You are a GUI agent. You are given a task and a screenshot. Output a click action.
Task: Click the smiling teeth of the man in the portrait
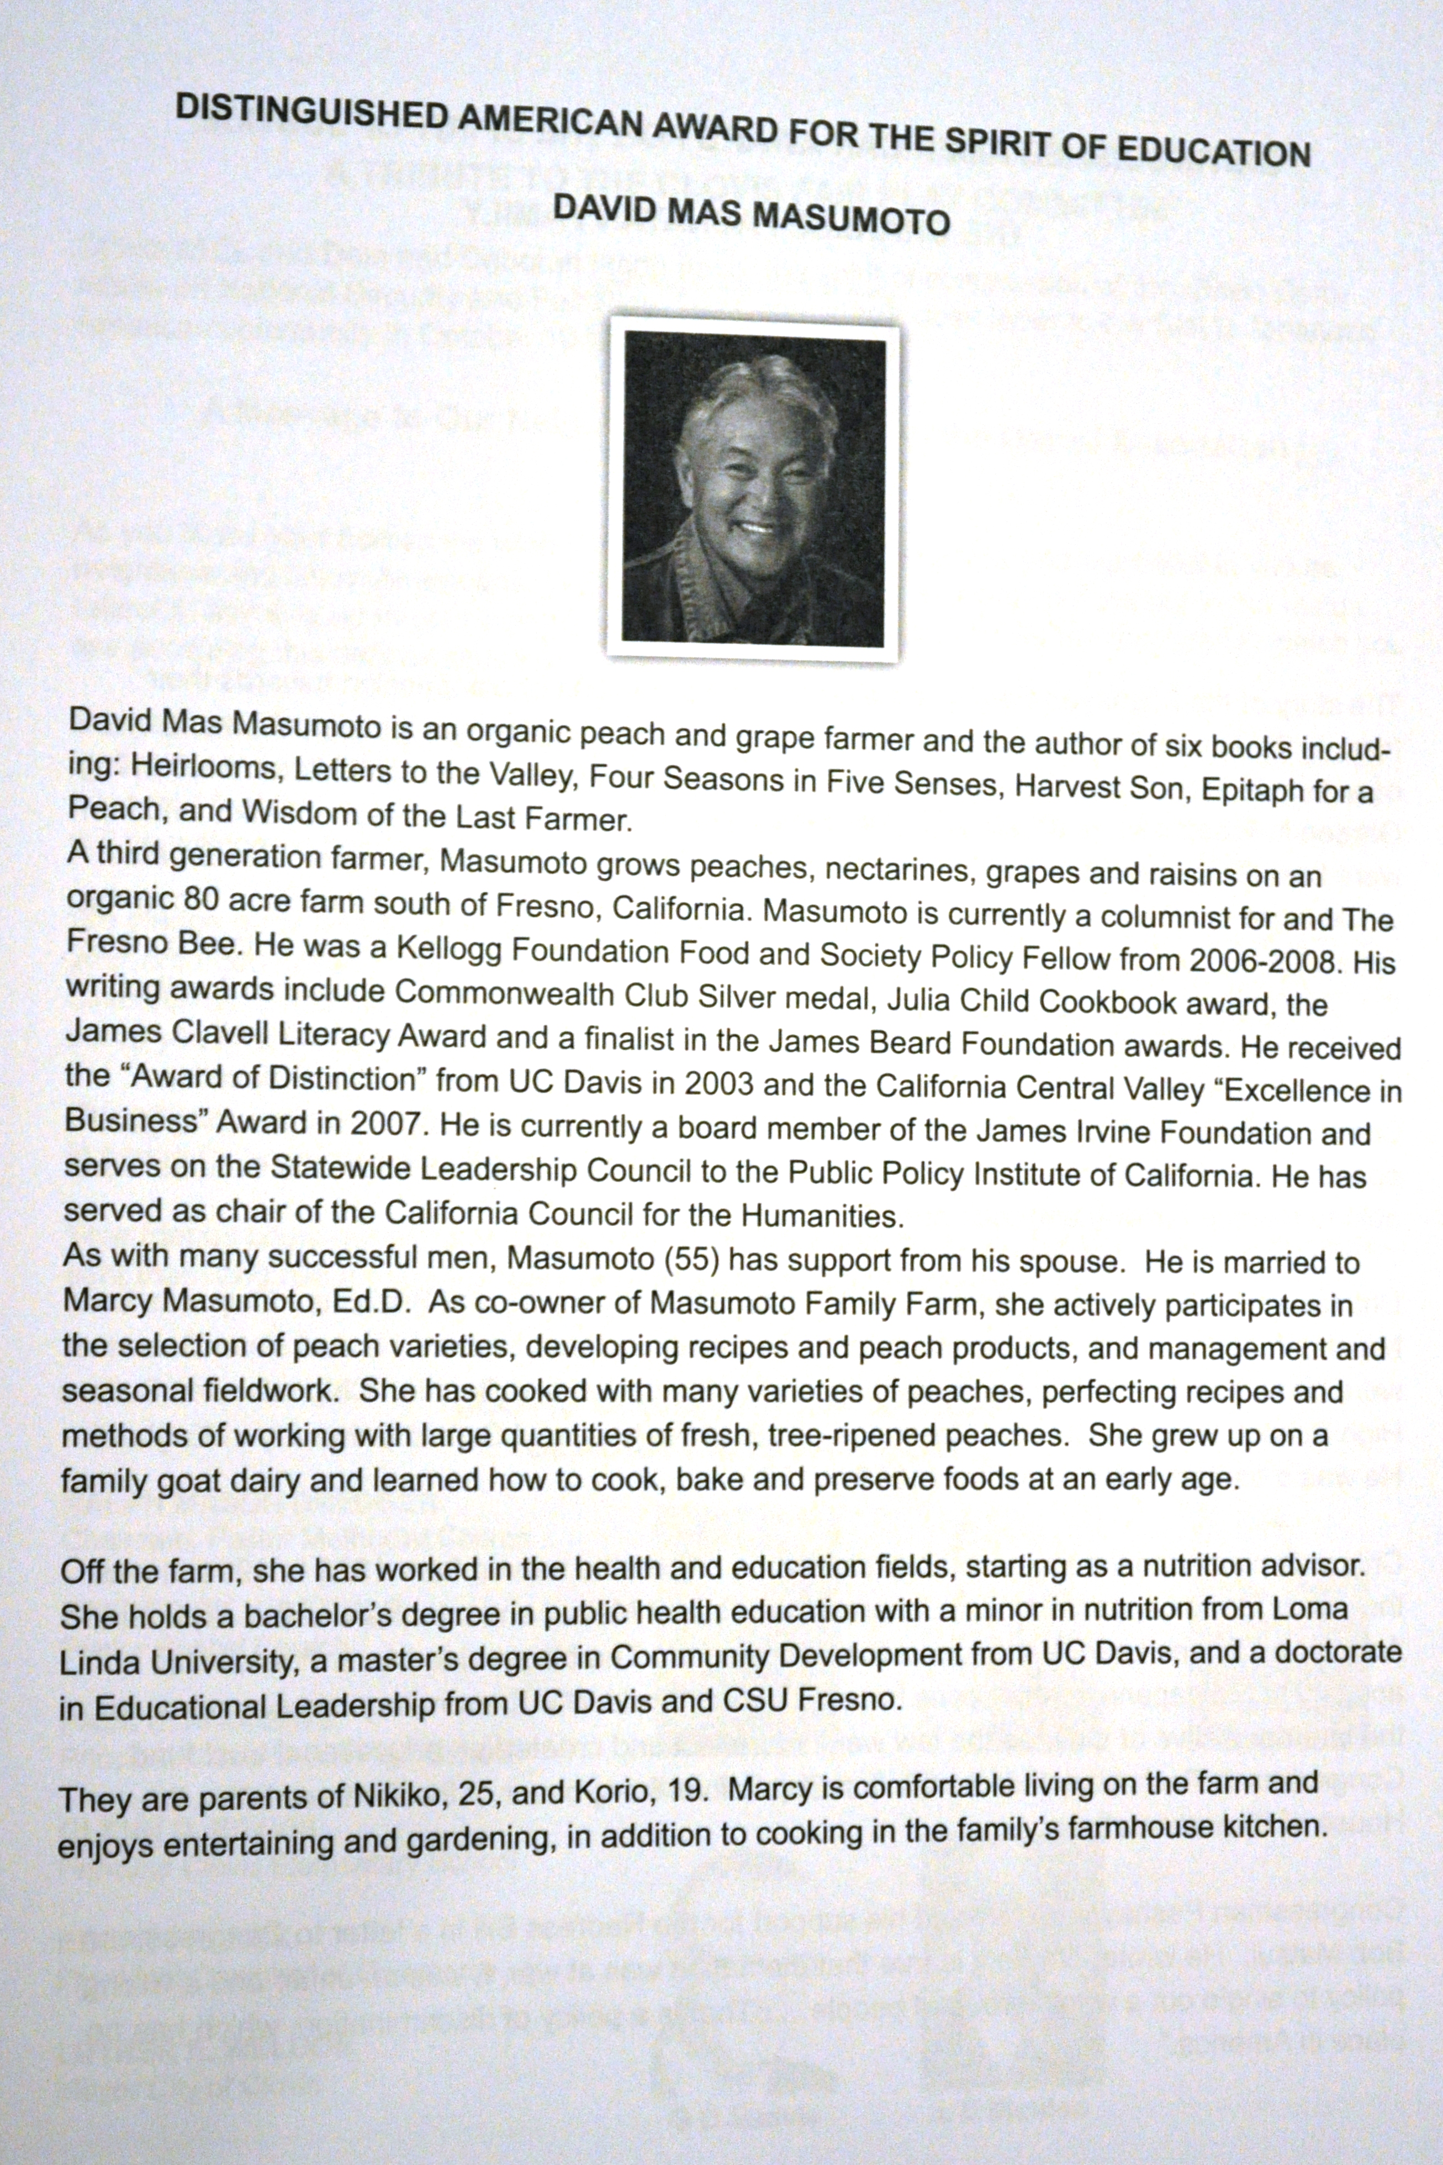coord(757,529)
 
